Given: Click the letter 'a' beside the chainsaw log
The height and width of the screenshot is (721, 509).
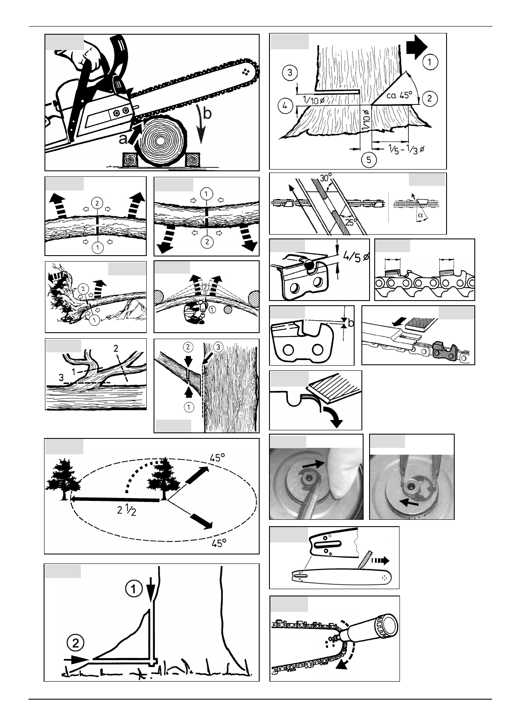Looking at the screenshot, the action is tap(123, 139).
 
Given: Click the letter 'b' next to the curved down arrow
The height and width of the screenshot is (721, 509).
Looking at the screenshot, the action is tap(207, 113).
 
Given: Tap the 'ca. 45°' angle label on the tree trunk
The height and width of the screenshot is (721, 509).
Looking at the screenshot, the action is tap(399, 95).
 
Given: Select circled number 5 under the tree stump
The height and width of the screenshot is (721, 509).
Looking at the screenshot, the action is tap(368, 159).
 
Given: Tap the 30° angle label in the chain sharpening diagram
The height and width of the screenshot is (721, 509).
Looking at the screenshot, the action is tap(326, 177).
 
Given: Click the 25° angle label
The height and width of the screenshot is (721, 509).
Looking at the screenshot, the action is tap(350, 222).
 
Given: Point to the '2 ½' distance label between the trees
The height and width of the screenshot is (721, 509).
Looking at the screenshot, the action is tap(127, 510).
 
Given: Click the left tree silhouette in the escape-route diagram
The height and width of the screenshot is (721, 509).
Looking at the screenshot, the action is tap(63, 480).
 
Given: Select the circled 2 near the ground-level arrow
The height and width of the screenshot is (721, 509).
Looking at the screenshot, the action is tap(75, 643).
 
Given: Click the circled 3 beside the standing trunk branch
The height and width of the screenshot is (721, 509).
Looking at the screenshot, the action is tap(218, 347).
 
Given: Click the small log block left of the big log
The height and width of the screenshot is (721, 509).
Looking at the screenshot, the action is tap(130, 160).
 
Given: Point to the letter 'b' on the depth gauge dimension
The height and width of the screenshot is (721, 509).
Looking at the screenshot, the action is tap(351, 322).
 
